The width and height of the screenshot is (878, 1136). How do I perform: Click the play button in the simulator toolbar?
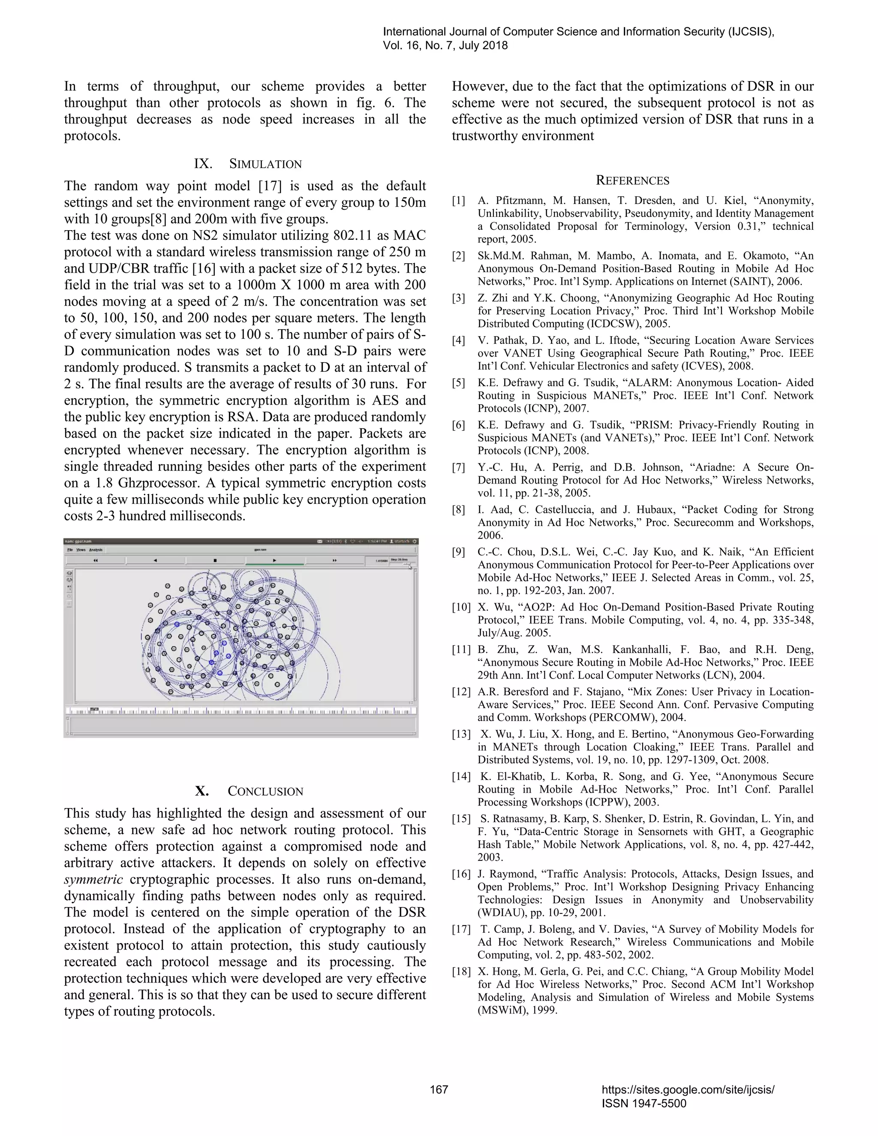[x=274, y=560]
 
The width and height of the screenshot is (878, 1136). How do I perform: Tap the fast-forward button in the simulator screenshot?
[x=334, y=560]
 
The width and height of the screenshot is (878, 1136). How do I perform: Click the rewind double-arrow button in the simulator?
[x=96, y=560]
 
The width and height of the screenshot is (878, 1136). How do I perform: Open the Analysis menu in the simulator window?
[x=96, y=550]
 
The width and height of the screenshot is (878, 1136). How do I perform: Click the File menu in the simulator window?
[x=69, y=550]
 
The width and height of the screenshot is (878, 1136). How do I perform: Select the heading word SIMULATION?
[x=265, y=164]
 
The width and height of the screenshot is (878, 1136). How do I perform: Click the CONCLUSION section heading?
[x=265, y=791]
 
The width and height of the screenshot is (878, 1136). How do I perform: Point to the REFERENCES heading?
[x=632, y=180]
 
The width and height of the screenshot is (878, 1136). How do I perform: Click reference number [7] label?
[x=458, y=467]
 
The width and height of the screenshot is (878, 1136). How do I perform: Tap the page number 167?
[x=439, y=1089]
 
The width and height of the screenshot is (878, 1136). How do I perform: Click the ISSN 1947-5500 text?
[x=644, y=1103]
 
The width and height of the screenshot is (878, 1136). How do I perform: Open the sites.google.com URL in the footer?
[x=688, y=1089]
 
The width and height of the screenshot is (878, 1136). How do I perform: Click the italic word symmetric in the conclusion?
[x=93, y=880]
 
